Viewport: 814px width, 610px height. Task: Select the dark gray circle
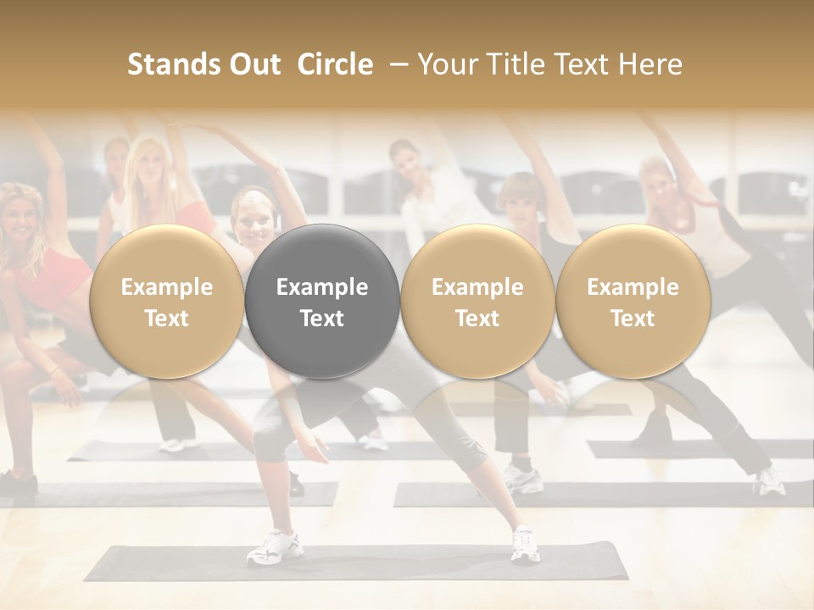(322, 302)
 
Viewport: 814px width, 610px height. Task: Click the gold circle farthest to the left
(166, 302)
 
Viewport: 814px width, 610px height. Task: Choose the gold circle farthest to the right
(633, 302)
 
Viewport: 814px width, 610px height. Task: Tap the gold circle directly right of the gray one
(477, 302)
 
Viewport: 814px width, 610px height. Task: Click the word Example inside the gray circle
(322, 287)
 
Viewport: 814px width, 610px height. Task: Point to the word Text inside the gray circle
(322, 319)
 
